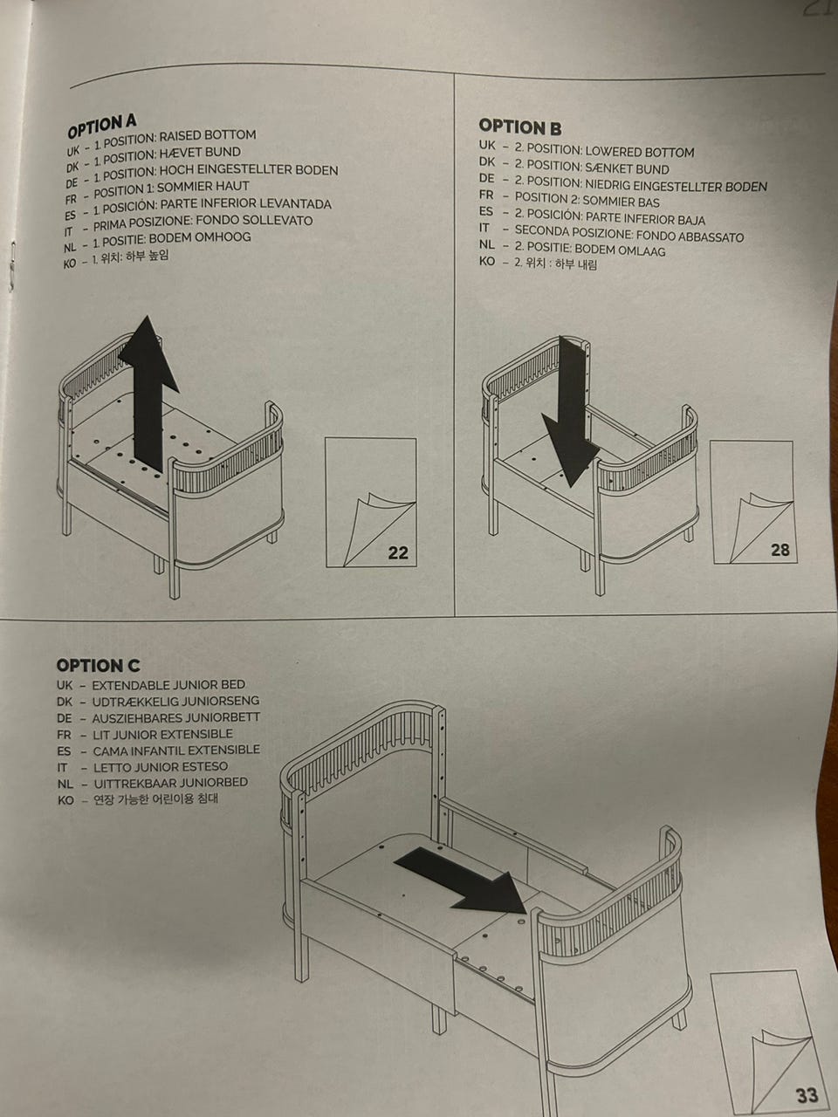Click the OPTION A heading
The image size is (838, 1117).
tap(102, 126)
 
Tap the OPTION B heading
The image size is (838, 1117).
tap(520, 127)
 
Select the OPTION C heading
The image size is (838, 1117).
tap(98, 666)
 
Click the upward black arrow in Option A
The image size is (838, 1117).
tap(148, 393)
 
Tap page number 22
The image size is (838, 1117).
tap(398, 552)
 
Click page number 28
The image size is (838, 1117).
tap(780, 550)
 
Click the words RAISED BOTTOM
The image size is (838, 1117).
tap(208, 136)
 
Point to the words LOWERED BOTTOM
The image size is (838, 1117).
tap(640, 152)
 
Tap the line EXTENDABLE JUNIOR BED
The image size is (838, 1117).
tap(168, 684)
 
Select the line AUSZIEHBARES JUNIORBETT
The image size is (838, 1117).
tap(176, 718)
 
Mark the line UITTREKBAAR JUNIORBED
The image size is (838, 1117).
tap(170, 782)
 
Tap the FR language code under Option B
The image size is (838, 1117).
tap(486, 195)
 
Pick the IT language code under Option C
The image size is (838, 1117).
tap(62, 767)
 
